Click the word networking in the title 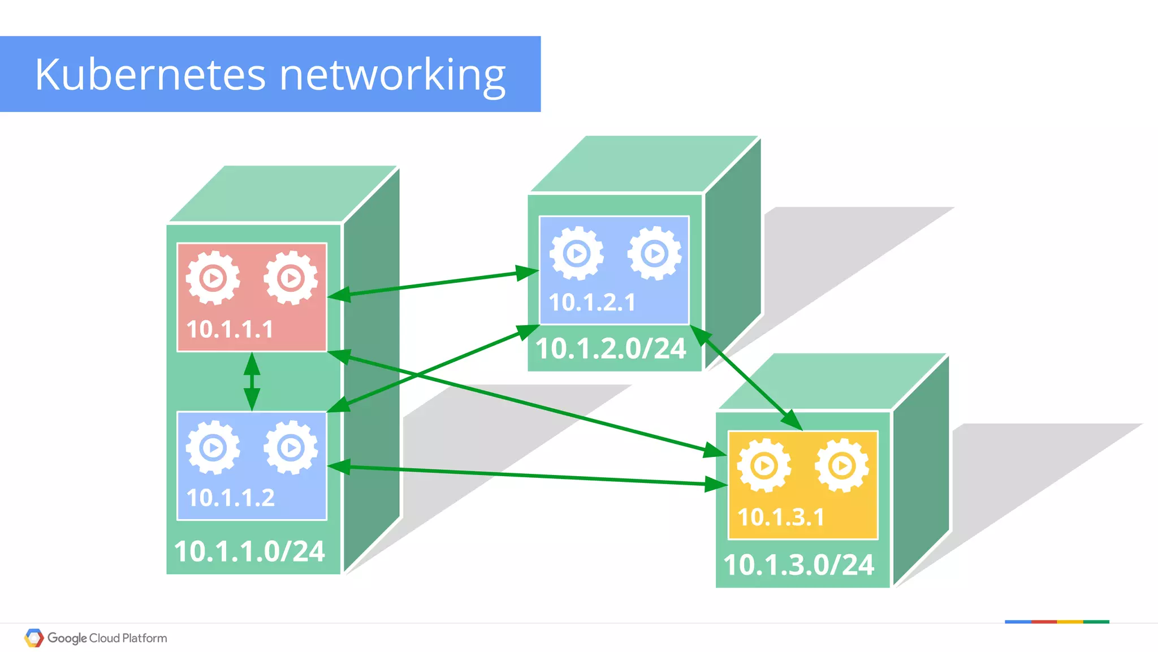tap(392, 75)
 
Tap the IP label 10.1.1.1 tap(230, 329)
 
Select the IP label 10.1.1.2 tap(231, 498)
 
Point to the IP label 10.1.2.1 tap(592, 302)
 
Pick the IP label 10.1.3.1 tap(781, 517)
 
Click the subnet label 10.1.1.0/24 tap(249, 551)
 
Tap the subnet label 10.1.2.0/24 tap(611, 348)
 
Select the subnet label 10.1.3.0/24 tap(798, 565)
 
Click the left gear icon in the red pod tap(213, 278)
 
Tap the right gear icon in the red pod tap(291, 278)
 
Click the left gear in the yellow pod tap(764, 465)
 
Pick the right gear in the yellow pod tap(842, 465)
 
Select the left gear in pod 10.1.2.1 tap(576, 253)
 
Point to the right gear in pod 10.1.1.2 tap(291, 448)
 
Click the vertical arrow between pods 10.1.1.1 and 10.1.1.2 tap(252, 382)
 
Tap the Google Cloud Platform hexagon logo tap(34, 638)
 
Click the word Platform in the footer tap(145, 638)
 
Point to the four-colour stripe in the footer tap(1057, 622)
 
